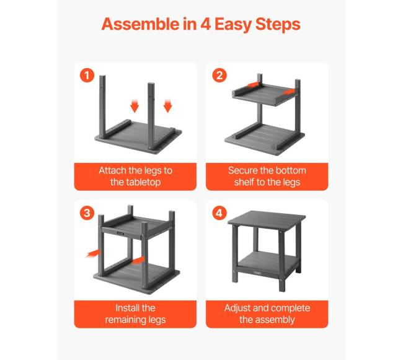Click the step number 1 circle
[x=87, y=75]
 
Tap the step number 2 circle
[x=219, y=75]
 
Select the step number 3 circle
[x=87, y=213]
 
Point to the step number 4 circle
[x=219, y=213]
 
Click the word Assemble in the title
[x=140, y=24]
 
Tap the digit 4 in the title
[x=206, y=24]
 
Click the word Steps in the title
[x=278, y=25]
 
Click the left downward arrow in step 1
[x=135, y=105]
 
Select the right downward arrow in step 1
[x=167, y=105]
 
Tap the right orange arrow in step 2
[x=290, y=92]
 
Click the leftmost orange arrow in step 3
[x=92, y=253]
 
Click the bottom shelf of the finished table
[x=267, y=263]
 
